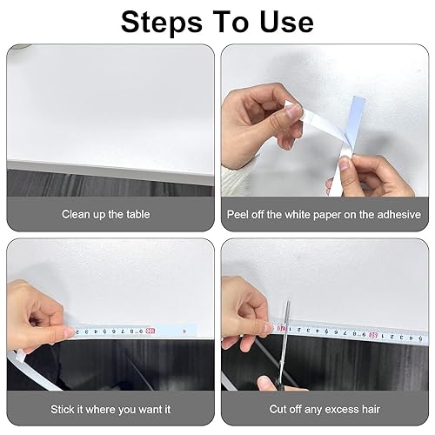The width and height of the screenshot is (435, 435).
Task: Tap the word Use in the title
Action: [x=287, y=22]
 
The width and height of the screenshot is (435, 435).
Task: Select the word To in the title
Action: [x=231, y=22]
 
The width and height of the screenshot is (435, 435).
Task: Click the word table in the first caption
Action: [x=138, y=214]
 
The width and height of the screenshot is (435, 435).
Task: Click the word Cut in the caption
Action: [x=278, y=409]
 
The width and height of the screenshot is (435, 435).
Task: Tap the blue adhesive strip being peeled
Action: [x=355, y=123]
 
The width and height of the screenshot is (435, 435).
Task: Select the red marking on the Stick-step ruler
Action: [x=151, y=331]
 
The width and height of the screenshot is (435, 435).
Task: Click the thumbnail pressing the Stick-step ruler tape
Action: [x=70, y=332]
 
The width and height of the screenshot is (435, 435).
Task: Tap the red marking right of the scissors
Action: [x=373, y=336]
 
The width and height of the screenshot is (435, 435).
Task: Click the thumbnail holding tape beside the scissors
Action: [x=269, y=328]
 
